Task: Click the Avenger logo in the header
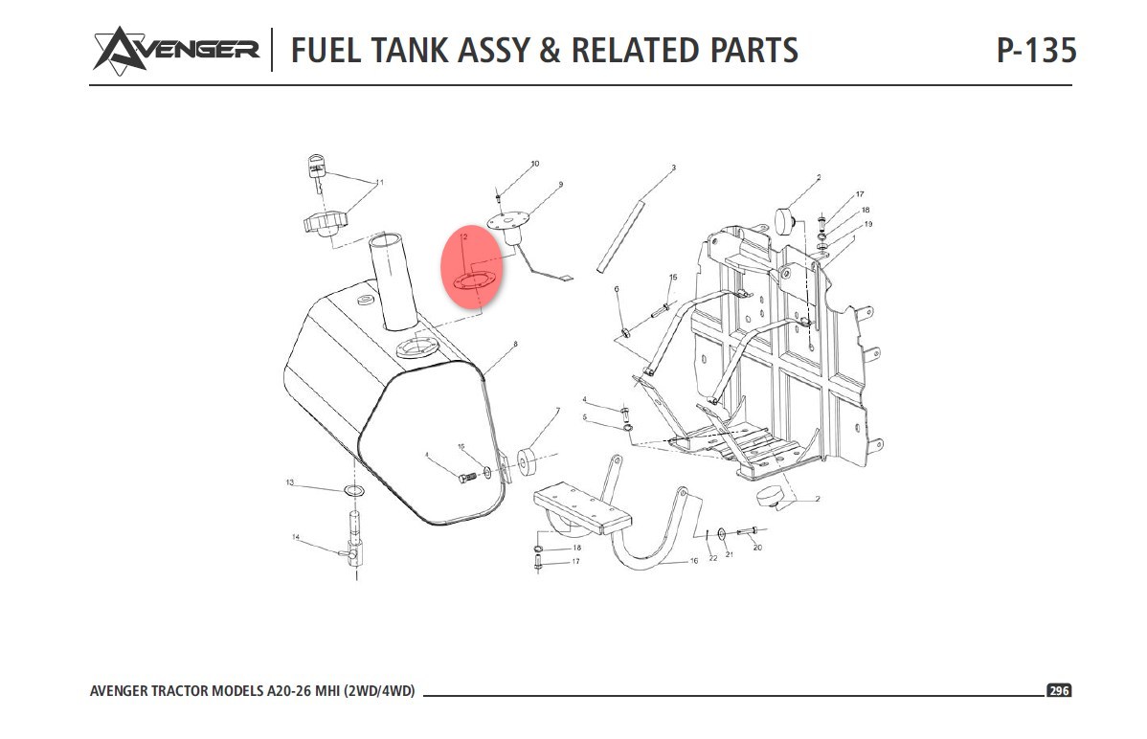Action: pos(175,49)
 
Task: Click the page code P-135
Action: pos(1036,50)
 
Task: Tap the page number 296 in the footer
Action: pos(1058,691)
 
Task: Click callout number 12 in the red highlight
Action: pos(462,235)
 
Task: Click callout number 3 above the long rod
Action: pos(673,168)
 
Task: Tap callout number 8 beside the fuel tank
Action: pos(515,344)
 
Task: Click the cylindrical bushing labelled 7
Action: pos(526,463)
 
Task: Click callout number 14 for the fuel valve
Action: pos(296,537)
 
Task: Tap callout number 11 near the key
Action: pos(379,182)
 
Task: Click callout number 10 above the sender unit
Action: pos(534,164)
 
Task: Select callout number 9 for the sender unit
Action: pos(560,184)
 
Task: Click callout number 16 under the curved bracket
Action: pos(694,561)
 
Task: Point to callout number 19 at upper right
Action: pos(868,224)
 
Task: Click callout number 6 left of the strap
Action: pos(617,288)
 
